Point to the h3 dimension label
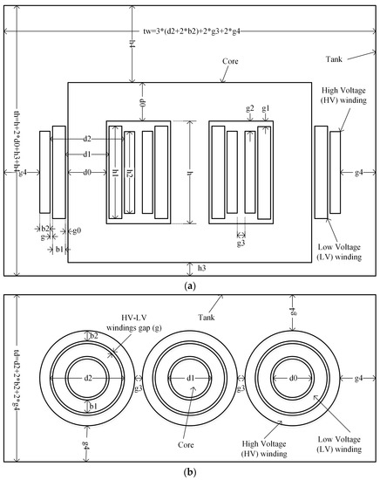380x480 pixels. pyautogui.click(x=201, y=267)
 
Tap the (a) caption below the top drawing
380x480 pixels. pyautogui.click(x=190, y=285)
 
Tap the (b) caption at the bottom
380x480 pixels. pyautogui.click(x=190, y=472)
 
